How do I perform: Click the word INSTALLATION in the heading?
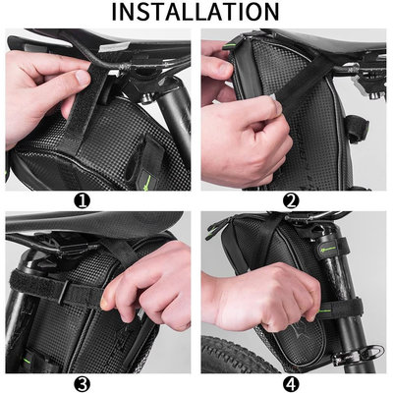(x=196, y=13)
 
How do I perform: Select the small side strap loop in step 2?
(x=356, y=128)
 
